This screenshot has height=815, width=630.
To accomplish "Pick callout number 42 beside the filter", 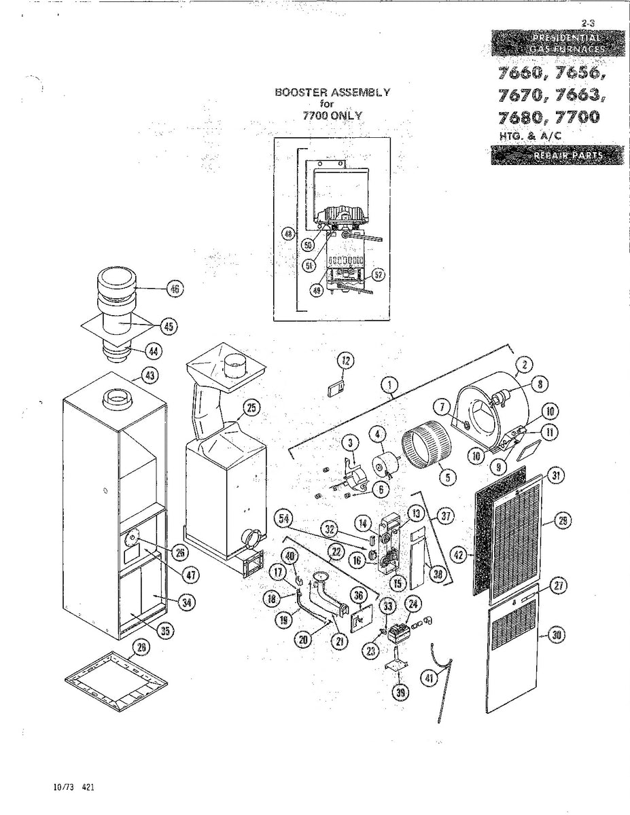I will (459, 554).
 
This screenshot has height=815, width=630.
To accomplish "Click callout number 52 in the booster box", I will (379, 274).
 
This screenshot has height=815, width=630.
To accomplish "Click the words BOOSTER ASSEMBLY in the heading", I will (332, 92).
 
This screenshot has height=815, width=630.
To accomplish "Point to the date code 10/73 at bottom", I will (64, 788).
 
